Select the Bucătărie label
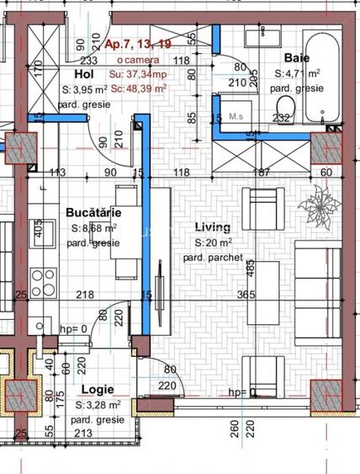(93, 213)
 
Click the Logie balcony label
(98, 391)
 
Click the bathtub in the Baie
(323, 76)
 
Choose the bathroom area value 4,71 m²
(300, 73)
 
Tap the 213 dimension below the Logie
(82, 434)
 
